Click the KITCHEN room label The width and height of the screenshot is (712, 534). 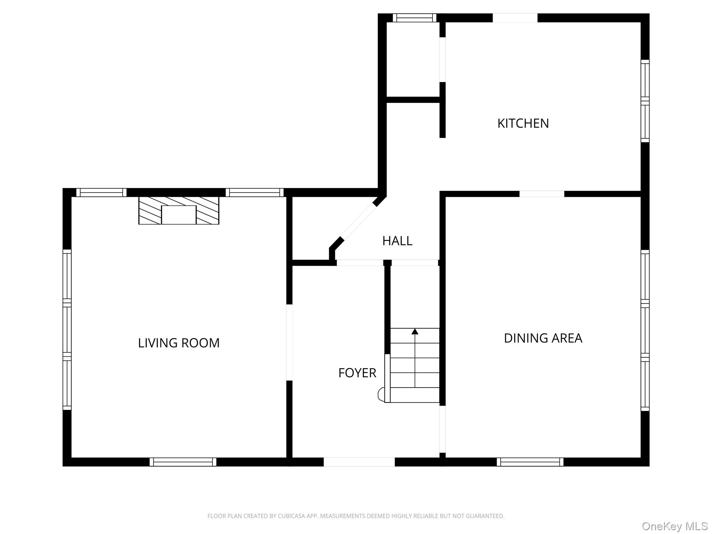click(x=523, y=123)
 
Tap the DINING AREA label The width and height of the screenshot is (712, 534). click(x=543, y=338)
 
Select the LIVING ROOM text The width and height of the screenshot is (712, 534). click(x=179, y=343)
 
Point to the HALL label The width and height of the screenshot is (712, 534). click(x=397, y=241)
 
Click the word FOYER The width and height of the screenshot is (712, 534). click(x=357, y=373)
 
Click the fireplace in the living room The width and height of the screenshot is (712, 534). click(x=179, y=211)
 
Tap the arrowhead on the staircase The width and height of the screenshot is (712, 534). click(x=415, y=331)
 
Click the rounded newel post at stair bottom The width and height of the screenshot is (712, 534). click(x=381, y=395)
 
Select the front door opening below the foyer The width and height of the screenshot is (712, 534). click(x=359, y=462)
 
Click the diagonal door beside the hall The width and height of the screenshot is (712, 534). click(x=358, y=221)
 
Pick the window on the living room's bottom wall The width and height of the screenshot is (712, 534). click(x=183, y=462)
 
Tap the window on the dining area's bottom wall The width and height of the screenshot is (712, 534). click(x=530, y=462)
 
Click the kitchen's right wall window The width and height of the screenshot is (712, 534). click(x=645, y=101)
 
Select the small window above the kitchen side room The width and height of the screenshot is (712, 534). click(x=414, y=18)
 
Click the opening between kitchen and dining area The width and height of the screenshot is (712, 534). click(x=542, y=194)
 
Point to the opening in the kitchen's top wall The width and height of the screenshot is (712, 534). click(x=515, y=18)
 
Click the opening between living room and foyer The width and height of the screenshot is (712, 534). click(x=289, y=342)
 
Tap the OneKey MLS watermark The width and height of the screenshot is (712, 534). click(x=675, y=526)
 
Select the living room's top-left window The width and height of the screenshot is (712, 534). click(x=101, y=193)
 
